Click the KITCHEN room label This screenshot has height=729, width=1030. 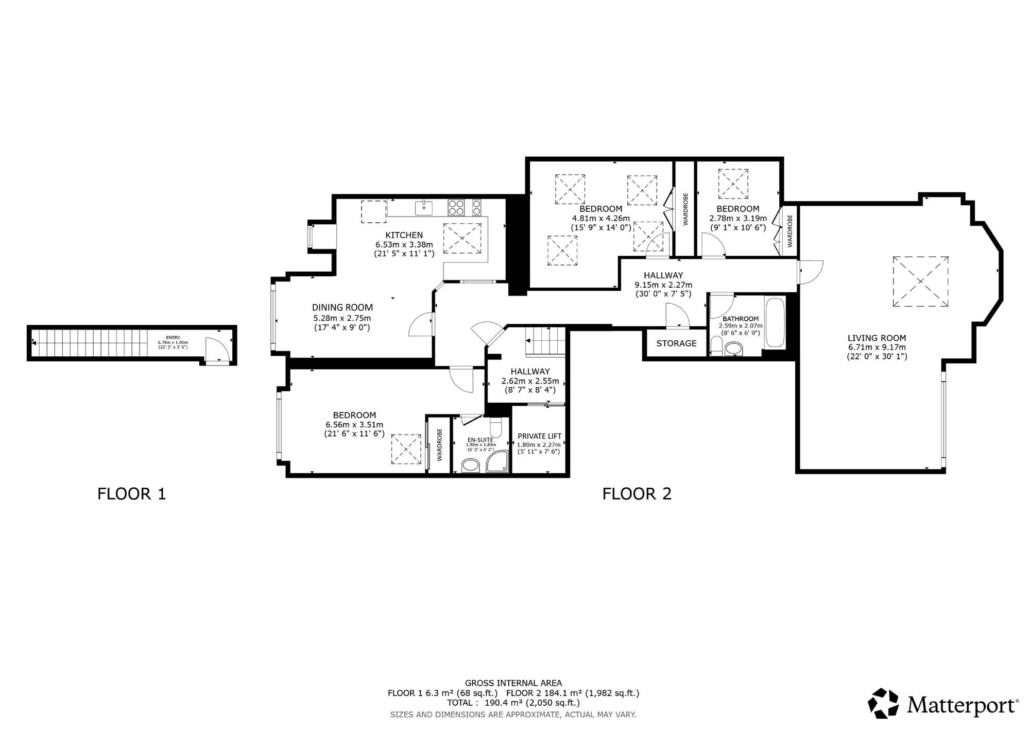pos(404,235)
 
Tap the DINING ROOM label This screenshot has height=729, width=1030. pos(342,308)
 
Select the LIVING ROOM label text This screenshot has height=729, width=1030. pos(877,338)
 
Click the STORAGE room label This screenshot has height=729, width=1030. pos(676,343)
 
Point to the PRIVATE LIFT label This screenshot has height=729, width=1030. pos(539,436)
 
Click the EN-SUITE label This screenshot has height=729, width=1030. pos(479,439)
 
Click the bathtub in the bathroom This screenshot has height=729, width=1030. pos(775,323)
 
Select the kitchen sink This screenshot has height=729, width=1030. pos(424,208)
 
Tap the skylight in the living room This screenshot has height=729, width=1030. pos(920,281)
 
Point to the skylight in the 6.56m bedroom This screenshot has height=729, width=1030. pos(406,450)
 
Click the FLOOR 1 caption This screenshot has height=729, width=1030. pos(132,494)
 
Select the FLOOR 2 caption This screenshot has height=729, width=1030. pos(637,494)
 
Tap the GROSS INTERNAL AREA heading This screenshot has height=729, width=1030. pos(513,683)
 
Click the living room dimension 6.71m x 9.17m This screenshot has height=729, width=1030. pos(877,347)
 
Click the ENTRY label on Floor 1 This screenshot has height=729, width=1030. pos(173,338)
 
